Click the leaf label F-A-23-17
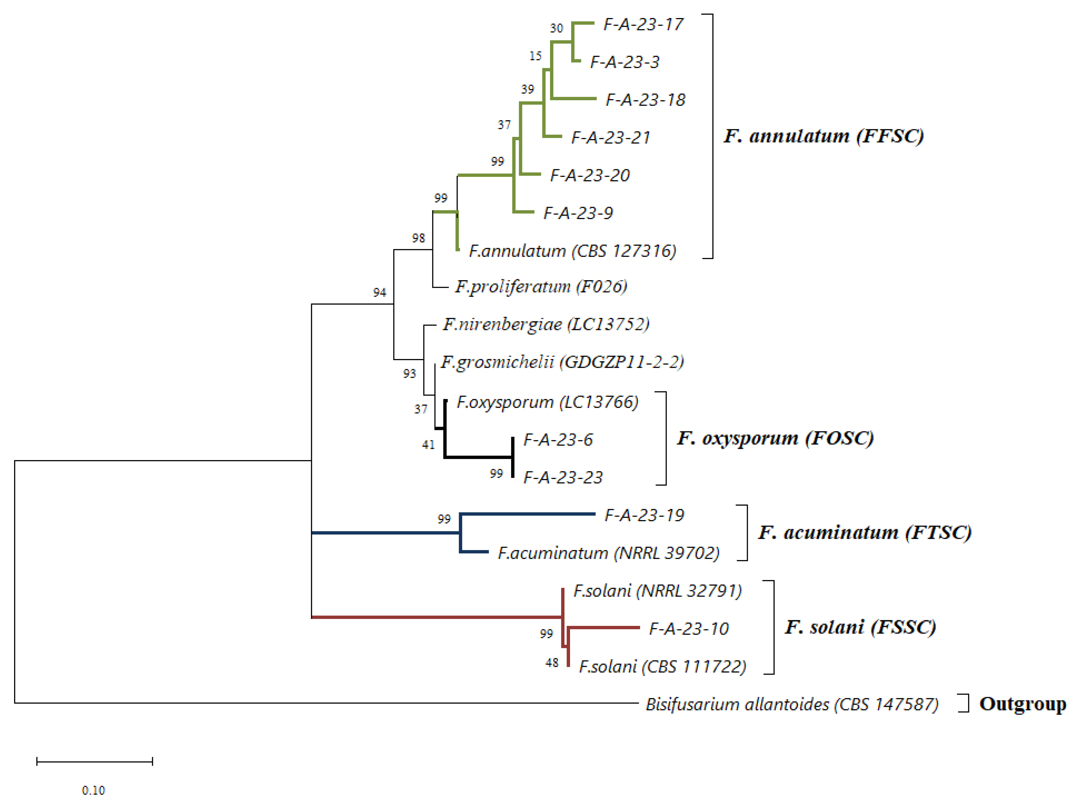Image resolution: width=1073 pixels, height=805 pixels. tap(643, 24)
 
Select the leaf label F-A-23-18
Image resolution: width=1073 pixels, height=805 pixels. tap(645, 100)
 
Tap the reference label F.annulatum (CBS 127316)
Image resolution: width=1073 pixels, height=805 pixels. tap(572, 251)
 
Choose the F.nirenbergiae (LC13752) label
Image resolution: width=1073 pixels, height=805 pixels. tap(546, 324)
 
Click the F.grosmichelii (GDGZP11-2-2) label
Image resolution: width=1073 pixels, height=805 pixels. tap(562, 362)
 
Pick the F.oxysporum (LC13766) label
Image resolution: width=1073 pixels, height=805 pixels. tap(547, 402)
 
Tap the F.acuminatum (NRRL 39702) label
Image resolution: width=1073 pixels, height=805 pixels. tap(608, 553)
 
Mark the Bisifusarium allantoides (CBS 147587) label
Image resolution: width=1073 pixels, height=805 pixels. tap(792, 704)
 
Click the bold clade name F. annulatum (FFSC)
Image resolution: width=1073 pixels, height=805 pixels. tap(824, 136)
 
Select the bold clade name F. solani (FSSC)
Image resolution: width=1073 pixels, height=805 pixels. tap(860, 627)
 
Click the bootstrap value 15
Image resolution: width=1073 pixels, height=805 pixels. tap(535, 57)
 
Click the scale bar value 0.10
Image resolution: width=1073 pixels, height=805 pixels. tap(93, 790)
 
